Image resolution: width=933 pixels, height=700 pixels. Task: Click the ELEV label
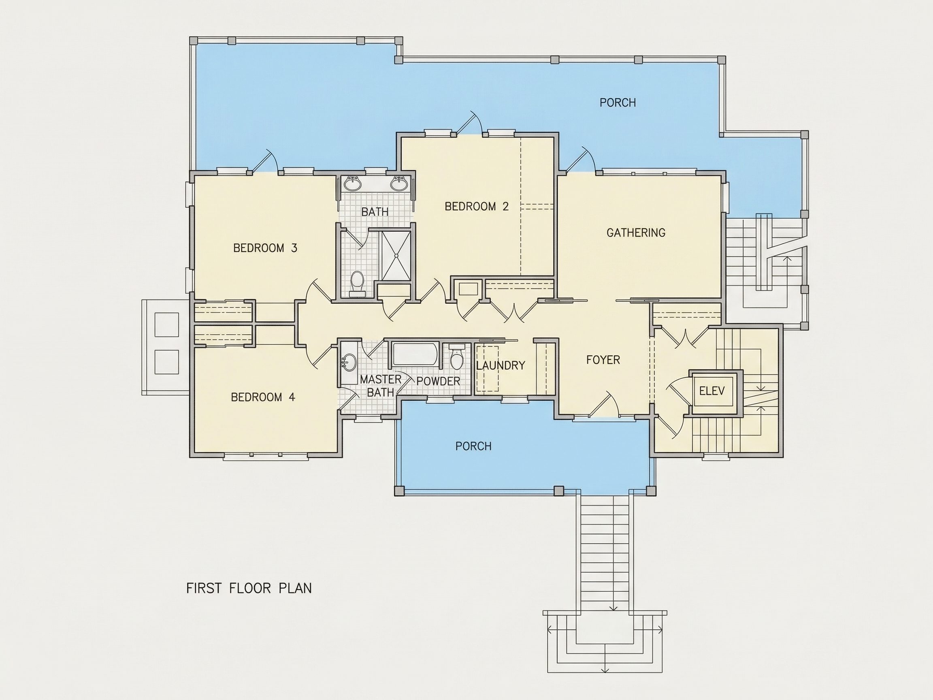[712, 391]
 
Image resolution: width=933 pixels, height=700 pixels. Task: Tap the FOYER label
[603, 360]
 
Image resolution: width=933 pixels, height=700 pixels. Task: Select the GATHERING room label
[636, 233]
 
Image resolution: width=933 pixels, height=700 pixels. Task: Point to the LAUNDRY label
[501, 365]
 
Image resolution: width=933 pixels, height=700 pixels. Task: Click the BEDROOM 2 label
[477, 206]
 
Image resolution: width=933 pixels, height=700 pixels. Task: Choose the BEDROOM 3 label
[265, 248]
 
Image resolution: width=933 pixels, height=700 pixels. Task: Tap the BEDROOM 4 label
[263, 397]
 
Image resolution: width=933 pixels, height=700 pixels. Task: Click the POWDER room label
[438, 382]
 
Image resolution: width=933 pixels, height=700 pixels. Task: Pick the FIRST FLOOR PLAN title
[249, 588]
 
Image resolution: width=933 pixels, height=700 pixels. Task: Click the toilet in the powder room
[456, 357]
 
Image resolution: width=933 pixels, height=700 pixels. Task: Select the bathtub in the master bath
[415, 354]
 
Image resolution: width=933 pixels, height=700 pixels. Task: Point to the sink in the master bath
[348, 363]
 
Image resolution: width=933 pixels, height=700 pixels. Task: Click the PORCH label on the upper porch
[618, 102]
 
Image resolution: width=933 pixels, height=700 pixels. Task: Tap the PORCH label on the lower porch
[473, 446]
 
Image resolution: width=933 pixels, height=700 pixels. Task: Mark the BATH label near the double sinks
[375, 212]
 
